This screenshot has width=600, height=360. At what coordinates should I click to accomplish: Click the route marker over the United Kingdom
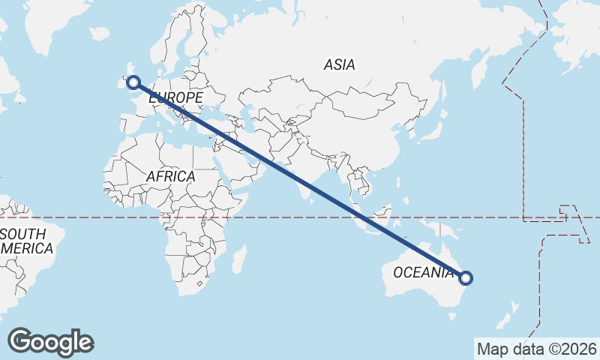click(133, 82)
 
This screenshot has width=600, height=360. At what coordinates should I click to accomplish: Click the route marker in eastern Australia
click(466, 278)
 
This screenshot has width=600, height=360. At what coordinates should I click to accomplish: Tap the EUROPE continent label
click(175, 98)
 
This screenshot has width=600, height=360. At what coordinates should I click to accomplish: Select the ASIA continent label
click(339, 65)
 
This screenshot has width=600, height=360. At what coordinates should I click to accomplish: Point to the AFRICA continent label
click(170, 176)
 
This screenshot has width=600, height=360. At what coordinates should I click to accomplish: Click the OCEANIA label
click(424, 272)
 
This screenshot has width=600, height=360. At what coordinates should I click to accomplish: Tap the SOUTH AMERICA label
click(26, 241)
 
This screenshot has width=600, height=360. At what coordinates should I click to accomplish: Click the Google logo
click(50, 342)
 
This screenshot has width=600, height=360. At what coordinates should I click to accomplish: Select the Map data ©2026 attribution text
click(536, 349)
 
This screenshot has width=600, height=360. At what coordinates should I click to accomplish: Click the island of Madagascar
click(238, 259)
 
